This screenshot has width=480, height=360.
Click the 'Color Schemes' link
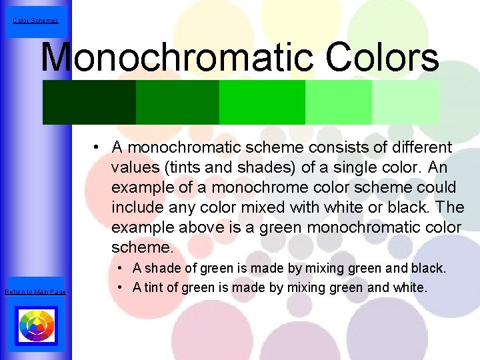tap(35, 21)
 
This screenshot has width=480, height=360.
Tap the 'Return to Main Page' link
tap(35, 292)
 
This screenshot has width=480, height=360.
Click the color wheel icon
tap(36, 327)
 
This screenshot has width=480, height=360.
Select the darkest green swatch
tap(89, 102)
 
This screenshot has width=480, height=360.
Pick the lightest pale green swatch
tap(406, 102)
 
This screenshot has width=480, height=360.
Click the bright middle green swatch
tap(262, 102)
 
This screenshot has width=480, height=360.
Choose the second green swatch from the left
tap(177, 102)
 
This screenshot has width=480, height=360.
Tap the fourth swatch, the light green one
tap(339, 102)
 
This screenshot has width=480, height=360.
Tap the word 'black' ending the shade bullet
tap(427, 269)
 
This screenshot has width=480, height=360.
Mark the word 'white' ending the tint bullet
tap(409, 288)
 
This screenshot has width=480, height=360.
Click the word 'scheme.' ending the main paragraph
tap(142, 248)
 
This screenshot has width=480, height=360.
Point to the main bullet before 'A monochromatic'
tap(97, 147)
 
